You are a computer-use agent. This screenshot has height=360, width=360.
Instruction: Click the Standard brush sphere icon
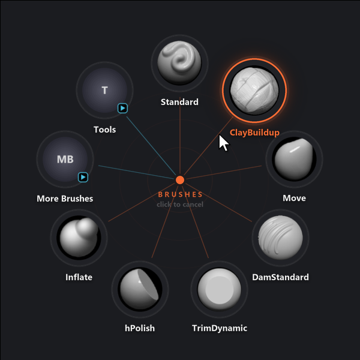click(179, 63)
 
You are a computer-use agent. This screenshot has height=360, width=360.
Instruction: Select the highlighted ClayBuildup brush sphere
click(254, 91)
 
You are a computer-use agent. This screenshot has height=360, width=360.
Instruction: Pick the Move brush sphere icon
click(294, 159)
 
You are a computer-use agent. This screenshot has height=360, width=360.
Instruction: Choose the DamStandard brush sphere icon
click(280, 238)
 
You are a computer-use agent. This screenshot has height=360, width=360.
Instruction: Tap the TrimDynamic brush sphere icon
click(220, 289)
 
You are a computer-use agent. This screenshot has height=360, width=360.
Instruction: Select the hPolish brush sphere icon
click(140, 289)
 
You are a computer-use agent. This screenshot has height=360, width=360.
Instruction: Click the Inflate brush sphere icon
click(79, 238)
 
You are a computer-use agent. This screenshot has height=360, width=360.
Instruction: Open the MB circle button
click(65, 159)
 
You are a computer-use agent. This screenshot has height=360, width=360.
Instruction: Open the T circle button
click(104, 90)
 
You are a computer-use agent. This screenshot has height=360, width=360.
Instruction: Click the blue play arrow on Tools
click(122, 108)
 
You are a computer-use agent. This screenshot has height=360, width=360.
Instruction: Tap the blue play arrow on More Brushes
click(83, 177)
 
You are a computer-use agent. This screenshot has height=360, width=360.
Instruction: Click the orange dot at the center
click(180, 180)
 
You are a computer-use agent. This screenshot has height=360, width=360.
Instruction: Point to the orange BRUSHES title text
click(180, 194)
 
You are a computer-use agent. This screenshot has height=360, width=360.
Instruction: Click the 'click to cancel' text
click(180, 205)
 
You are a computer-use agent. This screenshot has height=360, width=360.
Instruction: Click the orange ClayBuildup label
click(254, 133)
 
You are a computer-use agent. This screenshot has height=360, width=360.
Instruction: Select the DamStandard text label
click(280, 277)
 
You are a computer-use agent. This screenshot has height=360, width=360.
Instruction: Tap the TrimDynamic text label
click(220, 328)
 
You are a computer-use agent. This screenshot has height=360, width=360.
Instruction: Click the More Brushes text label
click(65, 199)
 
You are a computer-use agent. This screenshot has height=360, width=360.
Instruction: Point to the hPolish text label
click(140, 328)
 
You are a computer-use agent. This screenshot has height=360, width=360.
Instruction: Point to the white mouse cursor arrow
click(223, 143)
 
